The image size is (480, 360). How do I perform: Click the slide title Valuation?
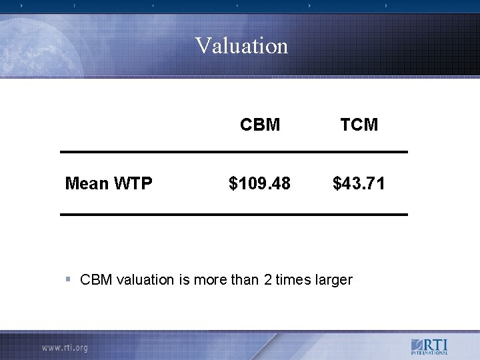tap(241, 46)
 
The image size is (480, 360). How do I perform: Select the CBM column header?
tap(259, 125)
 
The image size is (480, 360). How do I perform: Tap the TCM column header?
tap(359, 125)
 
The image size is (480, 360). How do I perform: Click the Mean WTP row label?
tap(109, 183)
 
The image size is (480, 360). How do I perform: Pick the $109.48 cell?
tap(259, 183)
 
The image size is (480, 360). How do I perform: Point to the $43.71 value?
tap(359, 183)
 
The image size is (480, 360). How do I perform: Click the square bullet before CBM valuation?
tap(69, 279)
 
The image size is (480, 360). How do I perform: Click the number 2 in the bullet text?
tap(268, 280)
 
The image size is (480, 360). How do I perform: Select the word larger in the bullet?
tap(331, 280)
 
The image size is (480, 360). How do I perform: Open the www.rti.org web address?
tap(64, 347)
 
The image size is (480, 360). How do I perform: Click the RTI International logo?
tap(429, 347)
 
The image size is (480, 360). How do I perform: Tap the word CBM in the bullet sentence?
tap(95, 280)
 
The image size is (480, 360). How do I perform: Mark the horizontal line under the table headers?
tap(233, 152)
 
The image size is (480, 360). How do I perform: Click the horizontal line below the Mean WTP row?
tap(233, 214)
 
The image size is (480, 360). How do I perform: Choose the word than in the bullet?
tap(245, 280)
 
